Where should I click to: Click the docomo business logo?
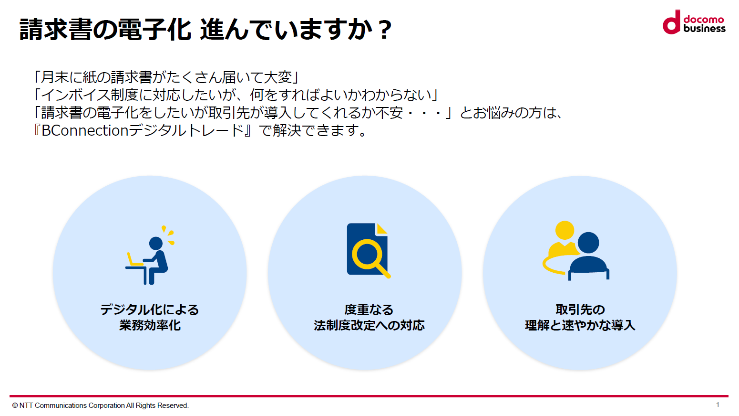[694, 22]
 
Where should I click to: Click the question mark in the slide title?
[385, 30]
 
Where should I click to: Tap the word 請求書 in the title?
[55, 30]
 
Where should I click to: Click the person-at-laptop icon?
[150, 255]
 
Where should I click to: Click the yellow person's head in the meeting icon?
[565, 230]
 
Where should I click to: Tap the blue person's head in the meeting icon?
[588, 243]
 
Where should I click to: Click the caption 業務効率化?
[150, 325]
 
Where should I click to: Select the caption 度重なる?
[369, 309]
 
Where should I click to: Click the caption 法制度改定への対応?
[369, 325]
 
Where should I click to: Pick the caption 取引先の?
[580, 309]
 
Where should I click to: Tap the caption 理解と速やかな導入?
[580, 325]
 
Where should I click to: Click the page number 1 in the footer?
[718, 405]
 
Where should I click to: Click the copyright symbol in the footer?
[15, 405]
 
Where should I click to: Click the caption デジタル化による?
[150, 309]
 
